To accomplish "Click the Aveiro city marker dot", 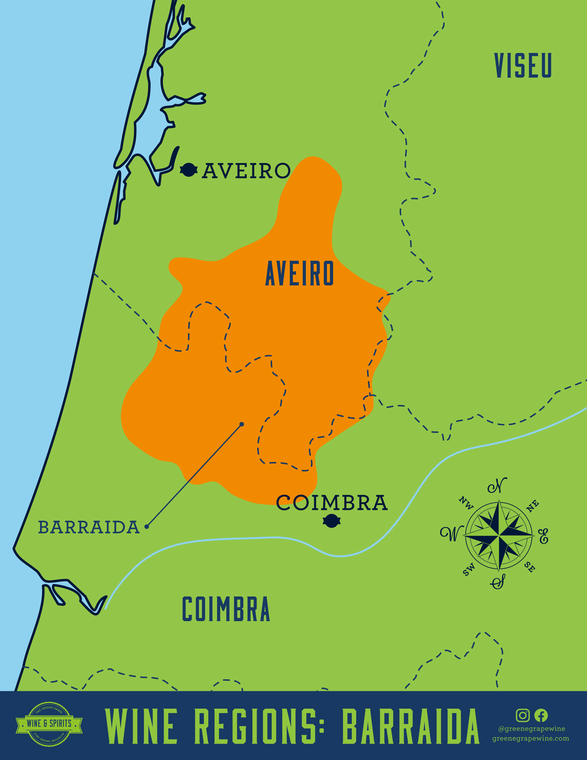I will pos(189,170).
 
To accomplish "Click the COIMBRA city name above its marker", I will pos(332,503).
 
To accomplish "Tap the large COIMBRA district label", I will pos(226,609).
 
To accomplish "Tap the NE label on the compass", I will pos(532,506).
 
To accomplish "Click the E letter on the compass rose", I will pos(543,536).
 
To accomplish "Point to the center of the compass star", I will pos(499,535).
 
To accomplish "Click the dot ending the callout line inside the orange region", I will pos(242,424).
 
